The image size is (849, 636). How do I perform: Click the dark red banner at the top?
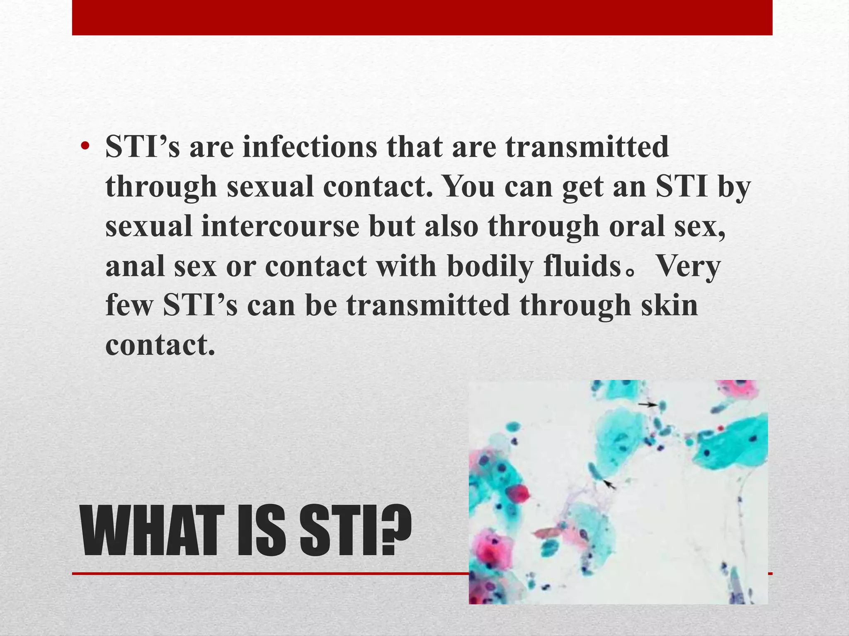click(422, 17)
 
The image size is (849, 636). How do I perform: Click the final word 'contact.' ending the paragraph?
click(160, 344)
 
